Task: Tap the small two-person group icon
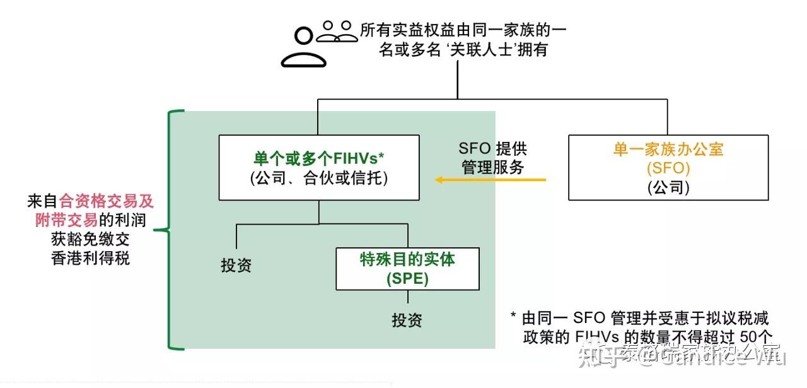click(337, 31)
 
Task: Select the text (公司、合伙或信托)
click(318, 178)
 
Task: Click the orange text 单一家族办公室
click(668, 150)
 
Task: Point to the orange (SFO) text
click(668, 168)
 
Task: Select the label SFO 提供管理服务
click(493, 158)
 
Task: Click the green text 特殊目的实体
click(407, 259)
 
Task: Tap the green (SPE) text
click(407, 278)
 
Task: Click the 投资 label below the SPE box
click(407, 320)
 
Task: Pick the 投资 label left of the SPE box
click(236, 266)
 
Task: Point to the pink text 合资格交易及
click(107, 201)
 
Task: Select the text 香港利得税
click(91, 258)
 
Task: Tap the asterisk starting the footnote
click(513, 317)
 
